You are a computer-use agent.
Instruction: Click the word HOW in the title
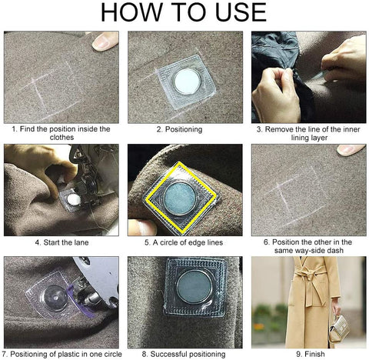tap(131, 12)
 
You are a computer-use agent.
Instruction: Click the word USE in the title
tap(241, 12)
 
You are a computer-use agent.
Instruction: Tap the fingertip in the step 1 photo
tap(105, 41)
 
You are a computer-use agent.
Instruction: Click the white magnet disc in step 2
tap(187, 82)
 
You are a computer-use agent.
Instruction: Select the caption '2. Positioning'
tap(179, 129)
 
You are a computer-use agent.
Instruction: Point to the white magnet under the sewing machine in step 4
tap(74, 199)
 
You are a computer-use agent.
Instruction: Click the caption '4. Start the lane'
tap(61, 242)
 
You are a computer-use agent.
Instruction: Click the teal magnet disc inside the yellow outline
tap(180, 198)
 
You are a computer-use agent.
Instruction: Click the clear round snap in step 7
tap(55, 297)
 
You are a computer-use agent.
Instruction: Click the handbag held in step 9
tap(340, 328)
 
